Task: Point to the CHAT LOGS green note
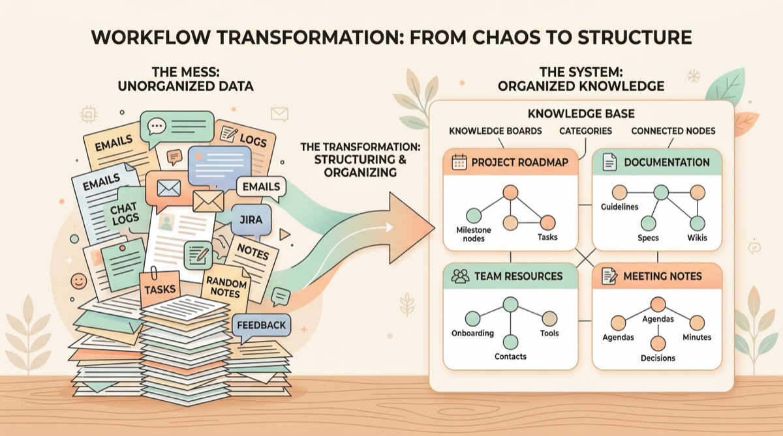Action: [x=123, y=214]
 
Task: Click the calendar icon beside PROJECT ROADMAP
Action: [x=456, y=162]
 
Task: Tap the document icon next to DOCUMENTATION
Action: [x=609, y=162]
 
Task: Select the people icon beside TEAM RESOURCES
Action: [x=461, y=276]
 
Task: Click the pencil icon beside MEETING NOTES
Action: [x=609, y=276]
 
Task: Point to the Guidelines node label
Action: [x=619, y=207]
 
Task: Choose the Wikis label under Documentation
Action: [x=696, y=237]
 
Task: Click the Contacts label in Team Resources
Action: [x=510, y=356]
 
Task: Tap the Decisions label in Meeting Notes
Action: [x=658, y=358]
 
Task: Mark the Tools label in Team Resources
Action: [x=549, y=333]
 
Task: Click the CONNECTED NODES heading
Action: [x=673, y=131]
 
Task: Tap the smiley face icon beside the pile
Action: [x=79, y=282]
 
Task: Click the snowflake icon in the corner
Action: [x=693, y=76]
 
